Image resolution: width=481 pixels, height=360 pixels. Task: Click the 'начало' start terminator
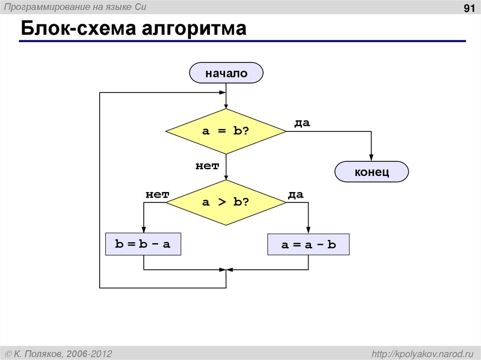pos(226,73)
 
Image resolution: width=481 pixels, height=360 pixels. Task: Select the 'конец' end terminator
pos(372,172)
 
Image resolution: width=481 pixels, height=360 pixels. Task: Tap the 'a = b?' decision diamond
pos(226,131)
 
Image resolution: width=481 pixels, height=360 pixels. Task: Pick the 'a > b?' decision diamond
pos(226,202)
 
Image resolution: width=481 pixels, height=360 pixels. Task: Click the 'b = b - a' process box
pos(143,244)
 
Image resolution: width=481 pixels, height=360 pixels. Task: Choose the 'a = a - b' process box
pos(308,245)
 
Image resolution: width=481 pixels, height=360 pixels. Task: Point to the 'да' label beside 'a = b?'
pos(302,123)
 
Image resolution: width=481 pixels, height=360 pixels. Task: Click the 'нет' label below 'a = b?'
pos(207,166)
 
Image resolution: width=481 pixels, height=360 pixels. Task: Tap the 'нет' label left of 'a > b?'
pos(157,194)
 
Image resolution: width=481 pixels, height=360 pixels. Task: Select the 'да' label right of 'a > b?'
pos(295,194)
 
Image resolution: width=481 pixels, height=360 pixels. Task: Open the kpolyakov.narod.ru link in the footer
pos(422,353)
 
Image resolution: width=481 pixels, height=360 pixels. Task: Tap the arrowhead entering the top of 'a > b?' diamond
pos(226,177)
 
